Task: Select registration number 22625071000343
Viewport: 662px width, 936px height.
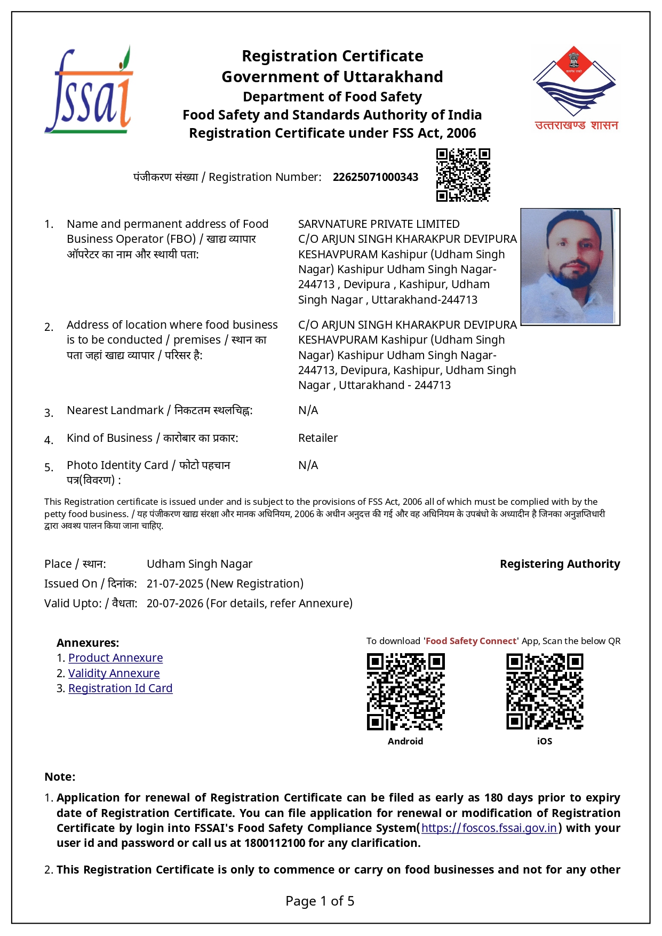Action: [x=375, y=177]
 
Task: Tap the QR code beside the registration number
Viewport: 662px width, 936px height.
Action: [x=462, y=175]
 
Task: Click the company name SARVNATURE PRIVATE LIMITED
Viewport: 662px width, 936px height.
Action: [x=378, y=224]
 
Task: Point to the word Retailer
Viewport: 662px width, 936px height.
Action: [x=318, y=438]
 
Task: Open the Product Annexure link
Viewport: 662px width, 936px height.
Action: [x=115, y=658]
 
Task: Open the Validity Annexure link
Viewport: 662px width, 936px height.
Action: [x=114, y=673]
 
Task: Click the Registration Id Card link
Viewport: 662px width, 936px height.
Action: [x=120, y=688]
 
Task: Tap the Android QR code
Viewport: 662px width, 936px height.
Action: [x=405, y=692]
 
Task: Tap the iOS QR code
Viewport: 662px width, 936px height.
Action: [x=544, y=692]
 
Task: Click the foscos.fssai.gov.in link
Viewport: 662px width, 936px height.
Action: [x=489, y=828]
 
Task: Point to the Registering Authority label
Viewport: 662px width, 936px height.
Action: [x=560, y=564]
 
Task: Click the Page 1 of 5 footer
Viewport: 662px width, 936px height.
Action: [x=320, y=901]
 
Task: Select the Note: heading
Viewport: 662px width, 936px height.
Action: [x=60, y=777]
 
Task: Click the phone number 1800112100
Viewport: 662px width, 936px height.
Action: [x=275, y=843]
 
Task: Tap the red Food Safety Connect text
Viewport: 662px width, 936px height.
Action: [x=470, y=641]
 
